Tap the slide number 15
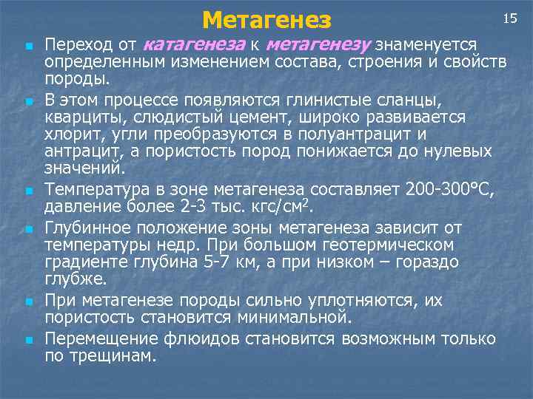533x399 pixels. coord(509,18)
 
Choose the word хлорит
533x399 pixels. coord(71,134)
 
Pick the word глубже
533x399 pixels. coord(76,279)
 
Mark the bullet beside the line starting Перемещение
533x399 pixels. coord(27,341)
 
